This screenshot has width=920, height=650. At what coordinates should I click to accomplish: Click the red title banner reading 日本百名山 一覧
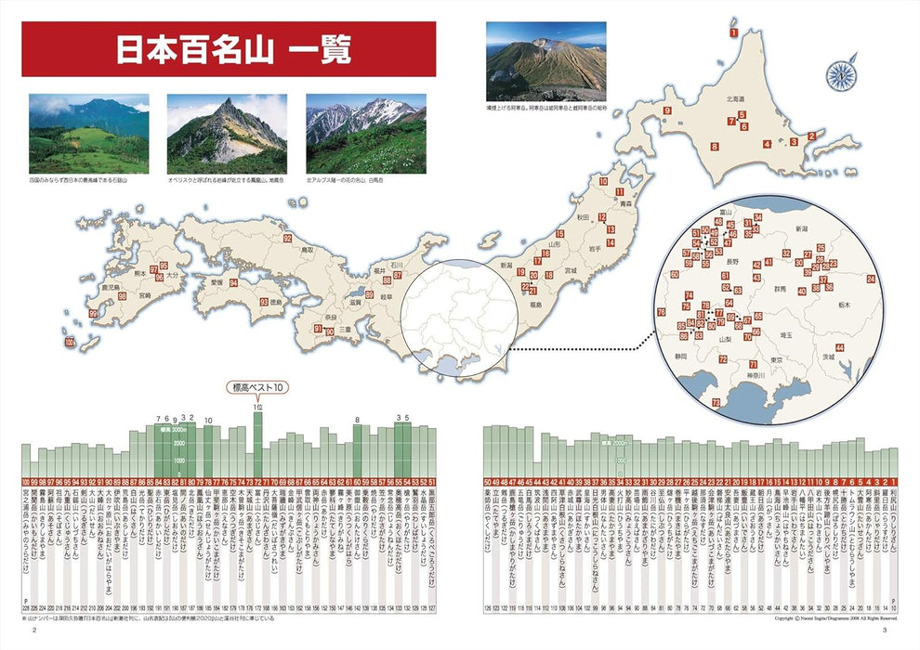coord(229,49)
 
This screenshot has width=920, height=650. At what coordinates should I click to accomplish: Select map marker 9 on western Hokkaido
coord(667,112)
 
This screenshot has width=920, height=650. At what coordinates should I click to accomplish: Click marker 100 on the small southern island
coord(71,344)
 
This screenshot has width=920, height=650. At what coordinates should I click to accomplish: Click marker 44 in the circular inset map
coord(839,347)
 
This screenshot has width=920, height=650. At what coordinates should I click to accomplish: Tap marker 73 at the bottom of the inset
coord(716,402)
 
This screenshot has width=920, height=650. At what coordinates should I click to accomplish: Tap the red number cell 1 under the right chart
coord(893,482)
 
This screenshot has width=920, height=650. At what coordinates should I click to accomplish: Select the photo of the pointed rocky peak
coord(227,133)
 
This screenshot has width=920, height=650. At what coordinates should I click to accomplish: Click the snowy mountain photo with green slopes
coord(365,133)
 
